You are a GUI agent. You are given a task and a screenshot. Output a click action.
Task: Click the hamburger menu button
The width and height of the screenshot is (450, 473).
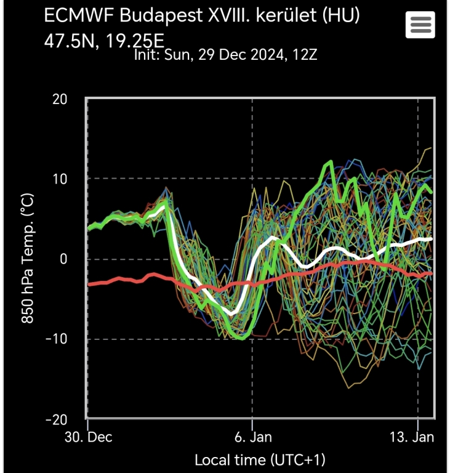coord(420,25)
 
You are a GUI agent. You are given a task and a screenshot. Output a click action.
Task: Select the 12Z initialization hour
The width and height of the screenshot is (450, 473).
coord(305,55)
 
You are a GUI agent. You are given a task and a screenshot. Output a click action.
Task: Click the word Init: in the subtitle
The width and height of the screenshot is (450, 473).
coord(147,55)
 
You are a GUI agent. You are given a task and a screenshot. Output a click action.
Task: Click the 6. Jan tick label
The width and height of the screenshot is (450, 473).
coord(252,438)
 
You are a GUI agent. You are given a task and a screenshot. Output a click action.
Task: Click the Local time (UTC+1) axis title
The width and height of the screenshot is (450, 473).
coord(260,459)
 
